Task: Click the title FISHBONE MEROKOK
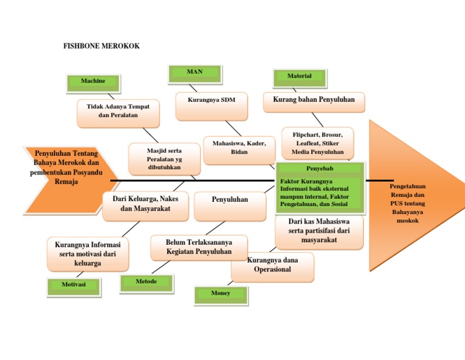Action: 102,46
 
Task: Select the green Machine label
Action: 93,81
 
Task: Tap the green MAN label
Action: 195,72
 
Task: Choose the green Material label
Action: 300,76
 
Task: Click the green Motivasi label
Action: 74,284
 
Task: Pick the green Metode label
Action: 146,282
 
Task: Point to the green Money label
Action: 220,293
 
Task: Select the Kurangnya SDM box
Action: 211,99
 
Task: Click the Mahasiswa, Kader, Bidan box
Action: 239,147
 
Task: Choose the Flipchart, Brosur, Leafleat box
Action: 317,143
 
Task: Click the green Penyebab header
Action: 320,168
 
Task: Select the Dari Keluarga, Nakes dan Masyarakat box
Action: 145,204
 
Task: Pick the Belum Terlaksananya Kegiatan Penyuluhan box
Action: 199,247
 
